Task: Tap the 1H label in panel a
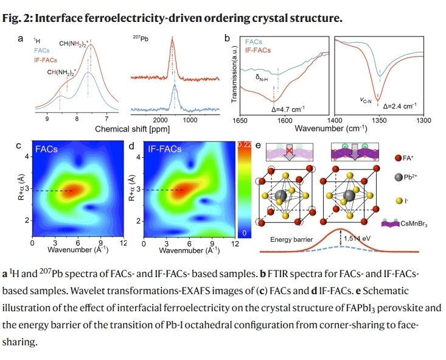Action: [37, 40]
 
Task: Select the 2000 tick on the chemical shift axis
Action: [161, 120]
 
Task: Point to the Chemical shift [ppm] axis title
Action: [132, 130]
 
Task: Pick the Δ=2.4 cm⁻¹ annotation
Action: [400, 106]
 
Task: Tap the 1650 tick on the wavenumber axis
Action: [240, 121]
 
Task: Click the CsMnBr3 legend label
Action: [419, 225]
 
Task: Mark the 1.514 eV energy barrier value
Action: [360, 238]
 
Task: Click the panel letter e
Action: [259, 146]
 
